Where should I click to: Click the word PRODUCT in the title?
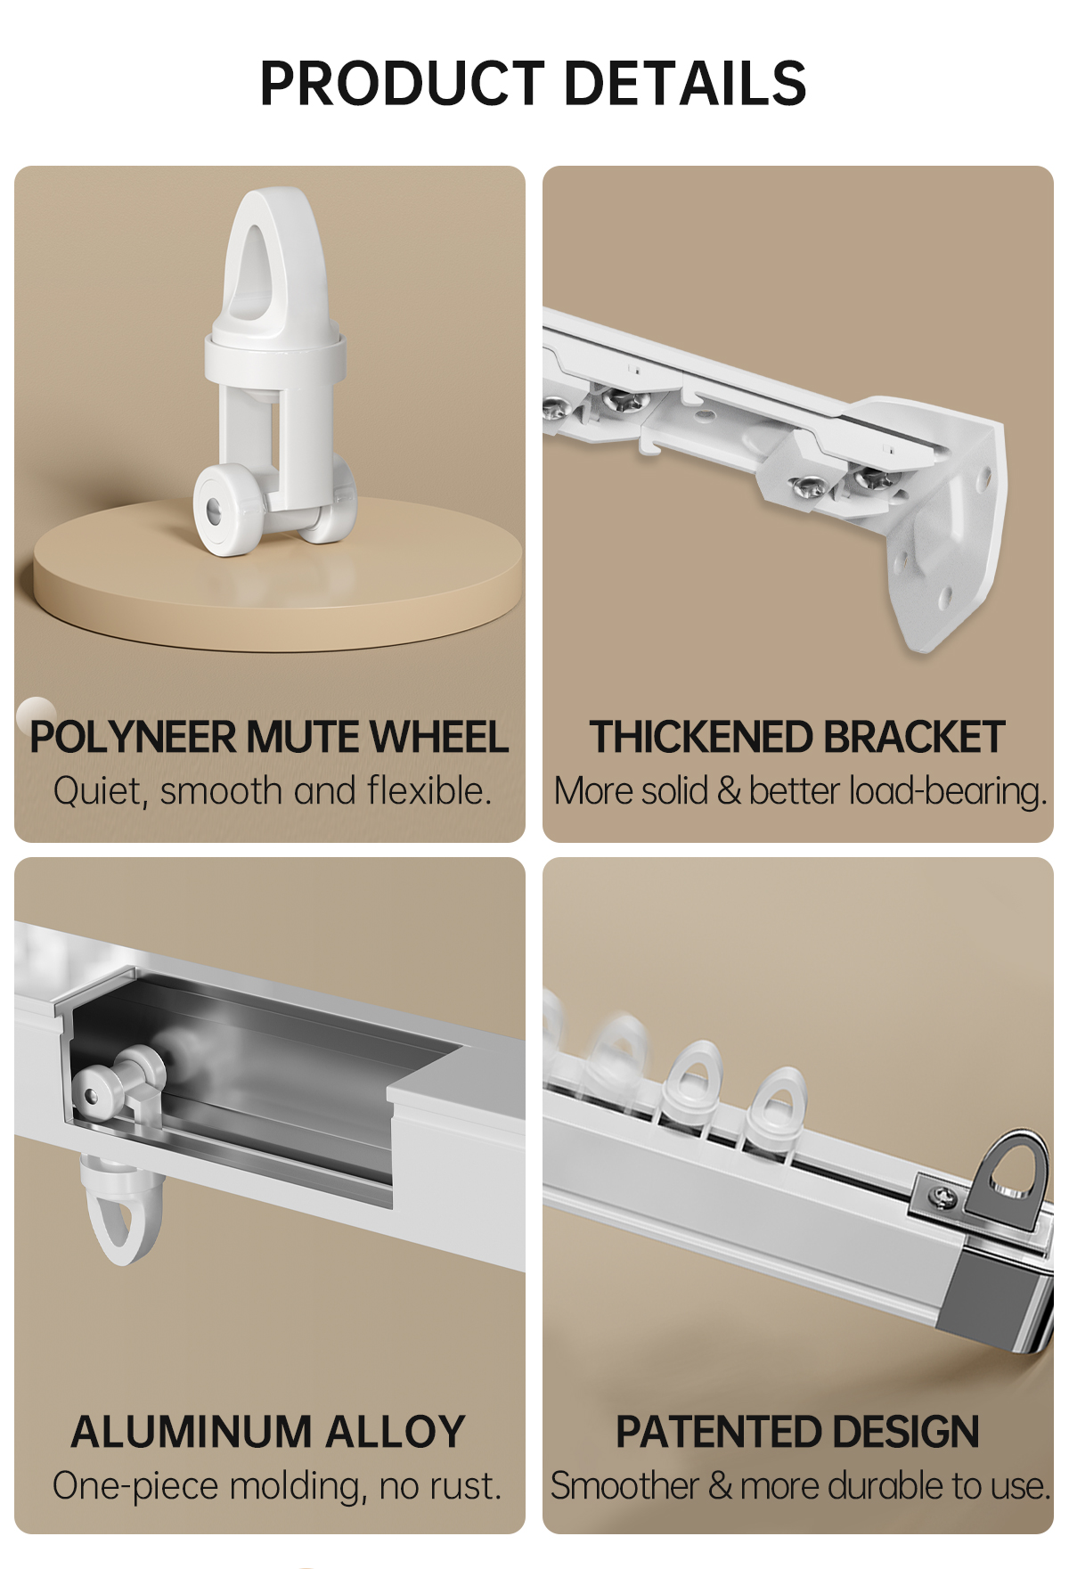click(402, 84)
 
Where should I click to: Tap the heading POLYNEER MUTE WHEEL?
click(269, 738)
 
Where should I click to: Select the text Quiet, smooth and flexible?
click(272, 790)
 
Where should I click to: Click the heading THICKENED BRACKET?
click(797, 738)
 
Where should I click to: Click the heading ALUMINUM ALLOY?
click(268, 1432)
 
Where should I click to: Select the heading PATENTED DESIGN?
click(797, 1432)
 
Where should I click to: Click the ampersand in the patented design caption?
click(720, 1486)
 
